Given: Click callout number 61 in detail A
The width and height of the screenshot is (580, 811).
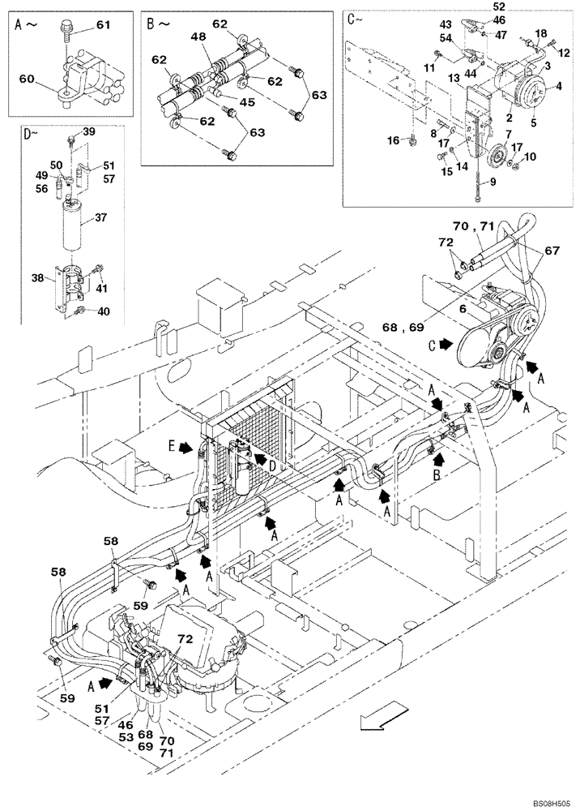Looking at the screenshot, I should pyautogui.click(x=102, y=27).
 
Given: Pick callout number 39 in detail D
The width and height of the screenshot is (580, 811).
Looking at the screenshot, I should pyautogui.click(x=89, y=131).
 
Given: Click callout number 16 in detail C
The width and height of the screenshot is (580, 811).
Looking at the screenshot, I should pyautogui.click(x=394, y=140).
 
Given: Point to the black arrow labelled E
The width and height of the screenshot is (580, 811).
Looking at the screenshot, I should pyautogui.click(x=184, y=446).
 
